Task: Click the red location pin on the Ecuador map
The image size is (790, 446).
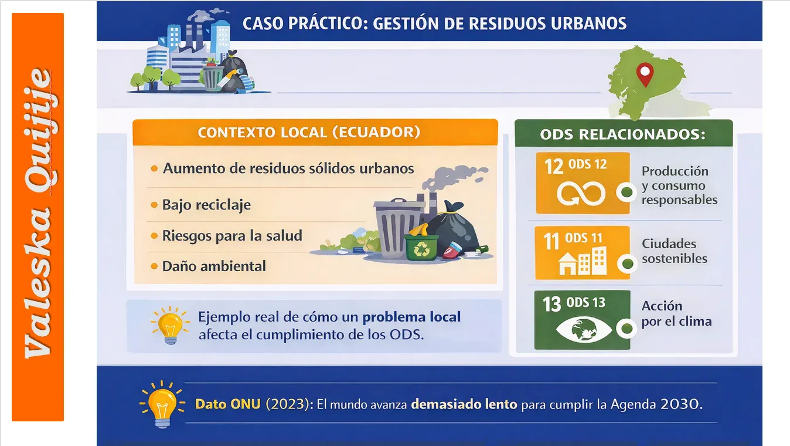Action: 645,74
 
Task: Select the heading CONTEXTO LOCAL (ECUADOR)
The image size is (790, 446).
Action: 309,133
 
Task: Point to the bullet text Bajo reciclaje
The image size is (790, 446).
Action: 206,205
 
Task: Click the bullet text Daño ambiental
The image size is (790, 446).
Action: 214,266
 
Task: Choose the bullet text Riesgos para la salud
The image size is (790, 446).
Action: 232,236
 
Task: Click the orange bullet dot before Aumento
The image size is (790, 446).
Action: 154,168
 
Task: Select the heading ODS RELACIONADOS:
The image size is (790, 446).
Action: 622,134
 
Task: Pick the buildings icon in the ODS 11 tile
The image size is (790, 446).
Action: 583,262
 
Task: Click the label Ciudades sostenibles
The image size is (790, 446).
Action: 674,251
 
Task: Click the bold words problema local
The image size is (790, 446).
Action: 411,317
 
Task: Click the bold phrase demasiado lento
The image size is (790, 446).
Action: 464,405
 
